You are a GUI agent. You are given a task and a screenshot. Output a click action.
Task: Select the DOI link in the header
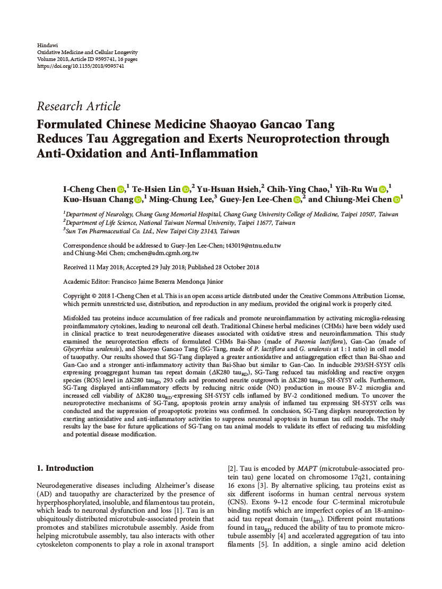click(x=81, y=66)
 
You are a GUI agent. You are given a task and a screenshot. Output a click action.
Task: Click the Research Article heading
click(x=79, y=106)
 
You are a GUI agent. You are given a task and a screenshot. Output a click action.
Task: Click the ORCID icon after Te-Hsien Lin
click(x=186, y=189)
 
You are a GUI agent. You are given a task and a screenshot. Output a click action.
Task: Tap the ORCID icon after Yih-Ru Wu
click(x=383, y=189)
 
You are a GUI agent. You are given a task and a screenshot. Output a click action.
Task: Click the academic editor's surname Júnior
click(x=213, y=282)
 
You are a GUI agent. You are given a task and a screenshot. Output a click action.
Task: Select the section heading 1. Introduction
click(x=65, y=468)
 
